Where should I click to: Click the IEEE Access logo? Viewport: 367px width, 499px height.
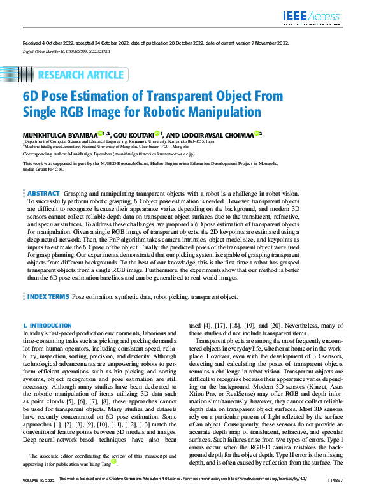312,17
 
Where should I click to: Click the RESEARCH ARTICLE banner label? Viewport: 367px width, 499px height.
80,75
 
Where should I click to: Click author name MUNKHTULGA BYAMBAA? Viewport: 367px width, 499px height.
59,134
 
